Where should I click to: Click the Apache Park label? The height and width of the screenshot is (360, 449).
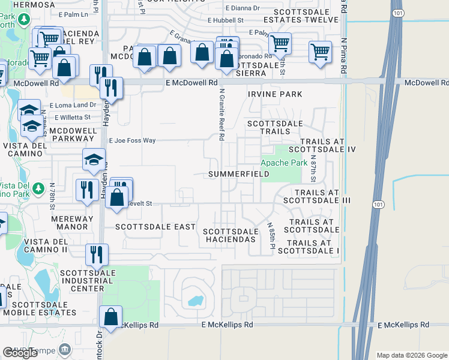[x=279, y=163]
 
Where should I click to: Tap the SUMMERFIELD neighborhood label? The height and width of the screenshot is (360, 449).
[x=238, y=174]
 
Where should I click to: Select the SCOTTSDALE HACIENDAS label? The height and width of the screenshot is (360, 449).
[x=231, y=235]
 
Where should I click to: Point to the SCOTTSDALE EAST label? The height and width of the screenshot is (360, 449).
[x=155, y=227]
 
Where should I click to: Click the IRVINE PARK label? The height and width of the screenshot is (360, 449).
[x=275, y=94]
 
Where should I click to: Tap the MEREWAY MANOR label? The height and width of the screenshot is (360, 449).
[x=72, y=223]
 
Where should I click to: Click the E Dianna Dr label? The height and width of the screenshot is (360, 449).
[x=243, y=8]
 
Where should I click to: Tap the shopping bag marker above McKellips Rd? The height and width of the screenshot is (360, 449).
[x=111, y=317]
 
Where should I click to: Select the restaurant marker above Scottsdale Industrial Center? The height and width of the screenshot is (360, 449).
[x=97, y=255]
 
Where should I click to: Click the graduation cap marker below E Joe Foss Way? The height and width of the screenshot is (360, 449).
[x=94, y=160]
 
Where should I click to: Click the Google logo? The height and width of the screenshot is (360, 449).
[x=20, y=353]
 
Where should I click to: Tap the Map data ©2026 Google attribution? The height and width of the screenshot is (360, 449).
[x=412, y=355]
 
